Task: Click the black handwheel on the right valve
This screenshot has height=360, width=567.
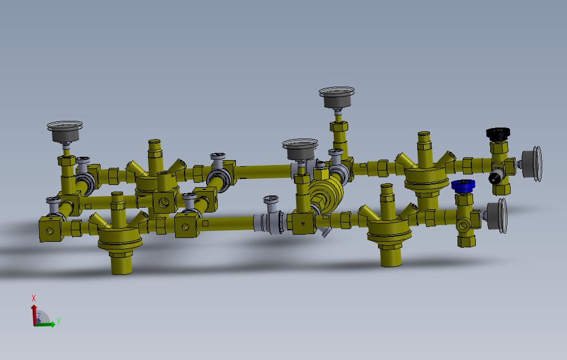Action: point(497,134)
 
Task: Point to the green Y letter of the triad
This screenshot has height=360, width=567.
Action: point(59,321)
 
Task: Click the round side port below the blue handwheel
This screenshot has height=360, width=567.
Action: point(463,225)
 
